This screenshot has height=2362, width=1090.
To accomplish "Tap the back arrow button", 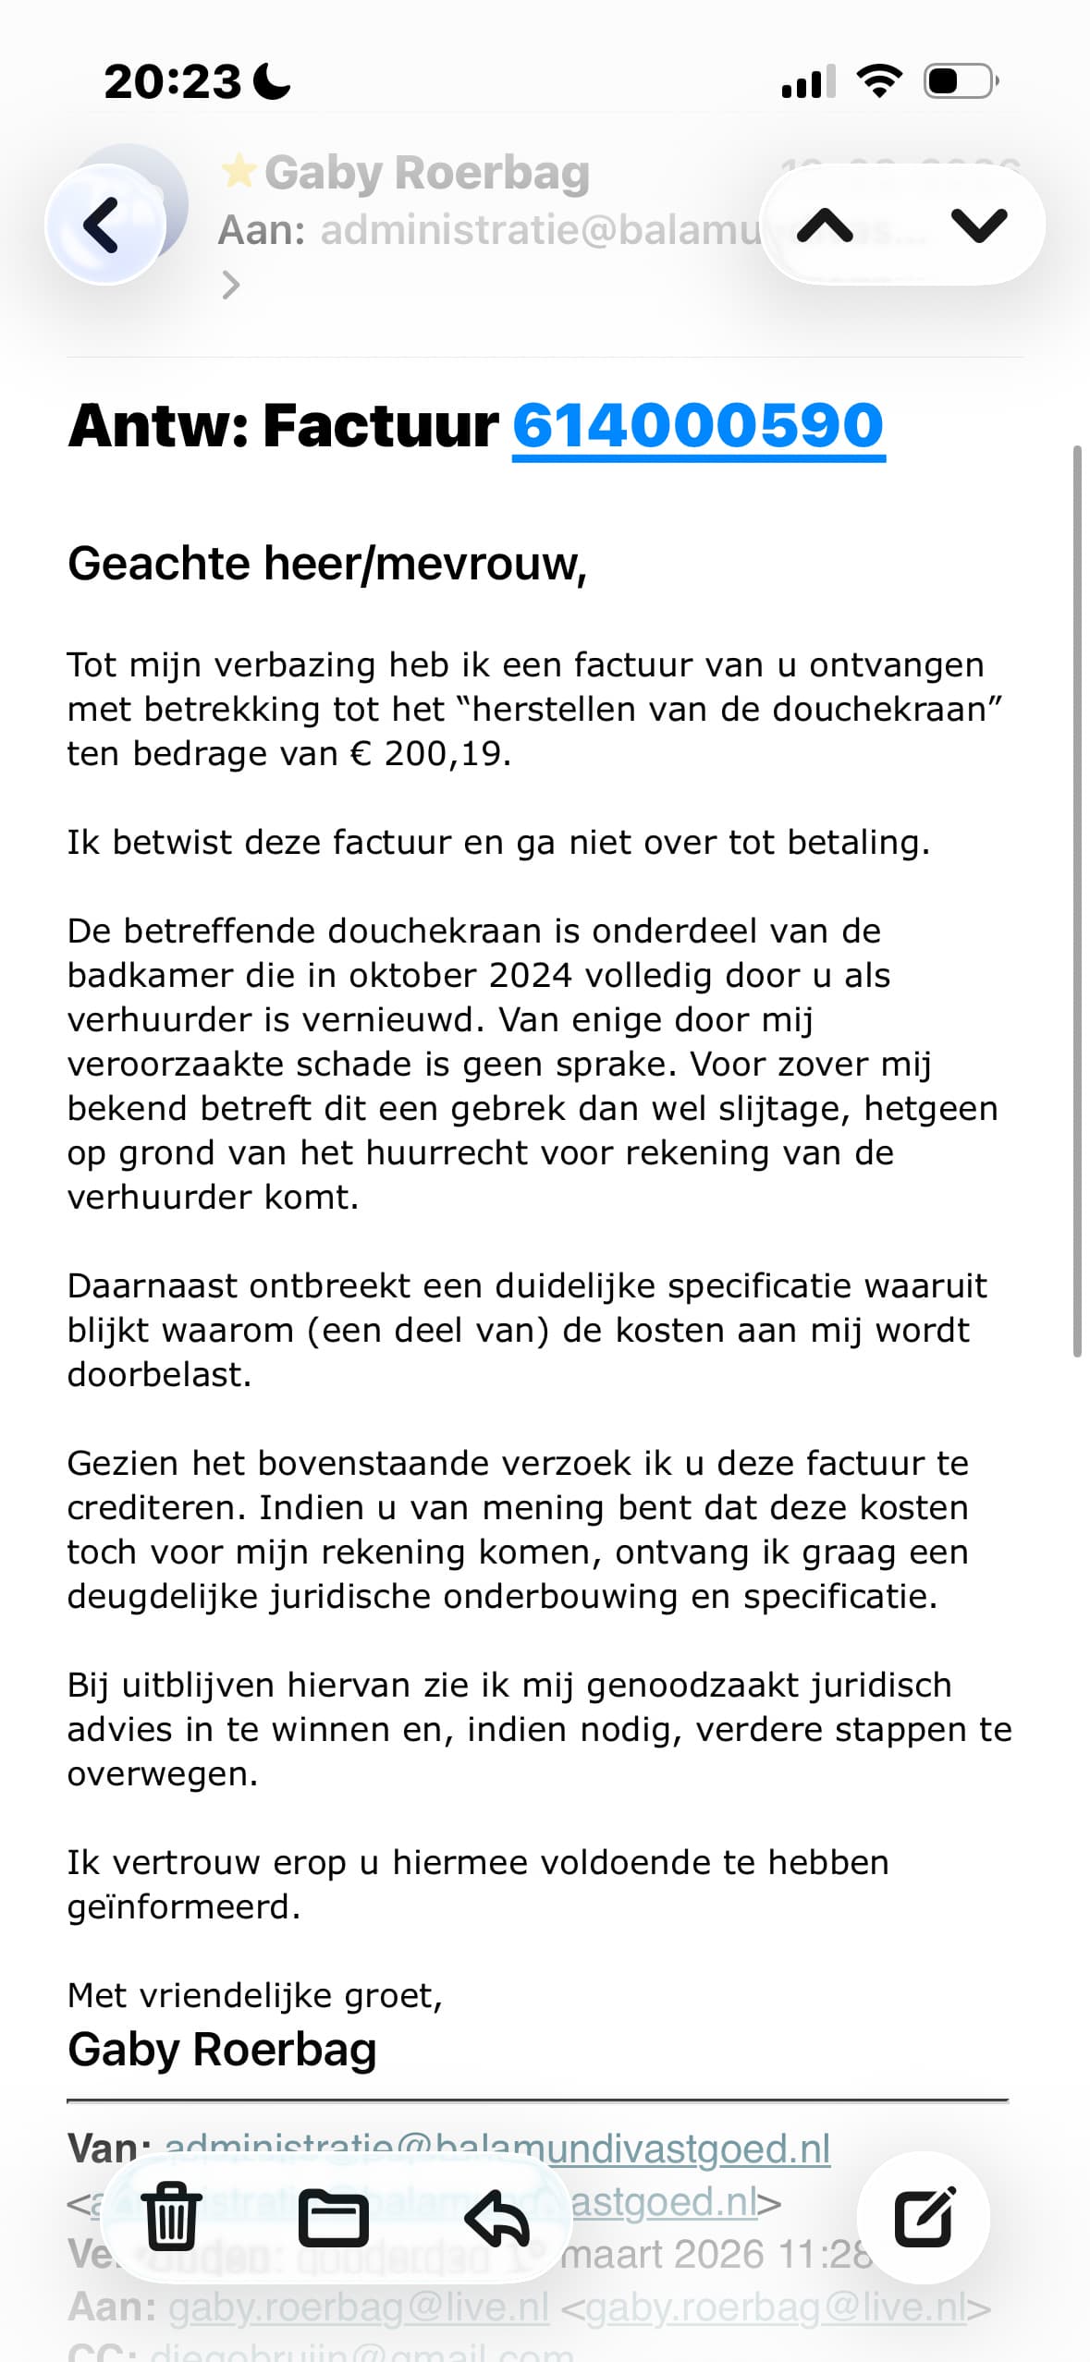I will (104, 225).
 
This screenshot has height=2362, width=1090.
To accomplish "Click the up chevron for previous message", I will (825, 225).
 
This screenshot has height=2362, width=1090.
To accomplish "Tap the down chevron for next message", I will (978, 225).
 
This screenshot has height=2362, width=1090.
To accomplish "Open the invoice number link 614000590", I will (698, 426).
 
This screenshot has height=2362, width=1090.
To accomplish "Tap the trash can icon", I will (172, 2216).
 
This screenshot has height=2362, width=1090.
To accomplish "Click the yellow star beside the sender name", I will (239, 171).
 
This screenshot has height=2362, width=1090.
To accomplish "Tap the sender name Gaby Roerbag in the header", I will (426, 173).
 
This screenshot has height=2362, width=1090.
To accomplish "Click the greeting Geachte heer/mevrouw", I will (327, 564).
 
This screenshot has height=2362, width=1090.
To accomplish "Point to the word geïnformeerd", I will (183, 1907).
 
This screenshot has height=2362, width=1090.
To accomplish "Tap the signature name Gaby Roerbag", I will (222, 2050).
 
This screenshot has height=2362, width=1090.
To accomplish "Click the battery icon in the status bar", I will (960, 81).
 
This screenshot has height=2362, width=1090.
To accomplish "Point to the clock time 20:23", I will (172, 81).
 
